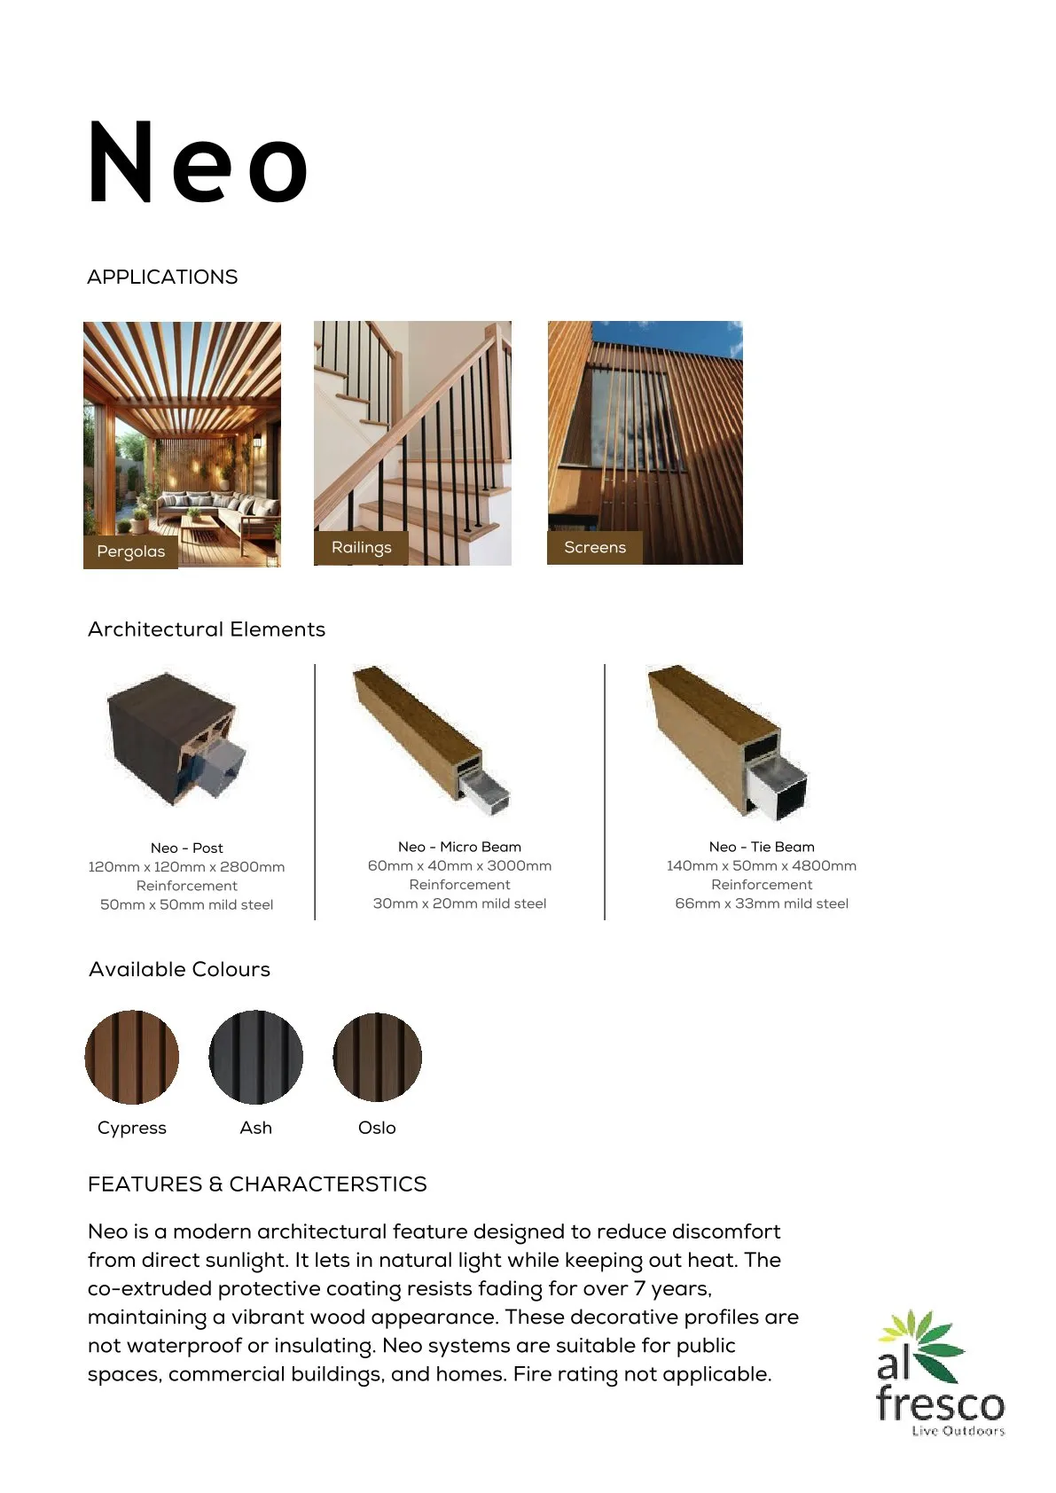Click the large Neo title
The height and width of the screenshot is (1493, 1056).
(198, 163)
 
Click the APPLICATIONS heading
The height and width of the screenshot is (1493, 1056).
(162, 277)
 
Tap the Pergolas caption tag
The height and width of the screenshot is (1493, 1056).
(130, 551)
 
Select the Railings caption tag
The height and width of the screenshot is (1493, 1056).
(361, 547)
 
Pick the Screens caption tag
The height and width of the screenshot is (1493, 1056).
(594, 547)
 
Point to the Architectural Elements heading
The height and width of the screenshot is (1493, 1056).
(207, 629)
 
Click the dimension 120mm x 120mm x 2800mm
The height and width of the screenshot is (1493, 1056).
(186, 867)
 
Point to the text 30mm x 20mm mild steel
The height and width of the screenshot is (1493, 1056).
(459, 903)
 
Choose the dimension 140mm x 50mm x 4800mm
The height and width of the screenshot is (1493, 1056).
(762, 865)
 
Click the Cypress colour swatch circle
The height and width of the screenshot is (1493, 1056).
(132, 1057)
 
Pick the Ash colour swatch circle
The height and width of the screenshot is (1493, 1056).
(256, 1057)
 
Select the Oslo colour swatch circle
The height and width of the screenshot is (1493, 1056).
(378, 1057)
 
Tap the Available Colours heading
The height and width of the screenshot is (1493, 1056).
(179, 969)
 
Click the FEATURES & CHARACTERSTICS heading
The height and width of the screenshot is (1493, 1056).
(257, 1184)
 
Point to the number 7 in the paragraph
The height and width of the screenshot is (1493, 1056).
(639, 1288)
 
